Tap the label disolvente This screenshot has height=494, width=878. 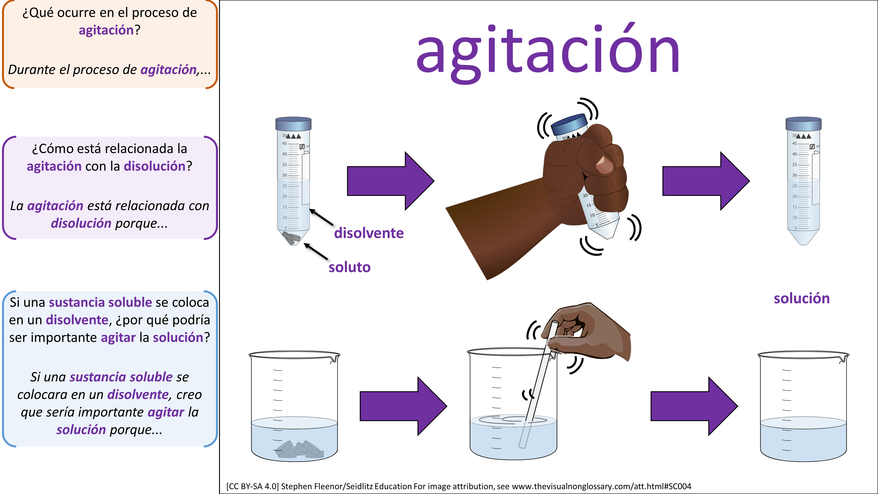tap(369, 233)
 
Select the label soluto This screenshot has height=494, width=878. tap(349, 267)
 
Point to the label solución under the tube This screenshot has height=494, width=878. tap(802, 299)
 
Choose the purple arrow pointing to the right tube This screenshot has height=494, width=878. tap(706, 181)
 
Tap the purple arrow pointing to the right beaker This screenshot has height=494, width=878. tap(694, 406)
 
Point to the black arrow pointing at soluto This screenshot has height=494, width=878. tap(316, 251)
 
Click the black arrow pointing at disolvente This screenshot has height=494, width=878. tap(321, 217)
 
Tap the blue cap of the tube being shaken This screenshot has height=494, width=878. tap(569, 124)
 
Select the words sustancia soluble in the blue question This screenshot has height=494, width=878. tap(100, 302)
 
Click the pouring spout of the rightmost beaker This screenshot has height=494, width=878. tap(845, 358)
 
